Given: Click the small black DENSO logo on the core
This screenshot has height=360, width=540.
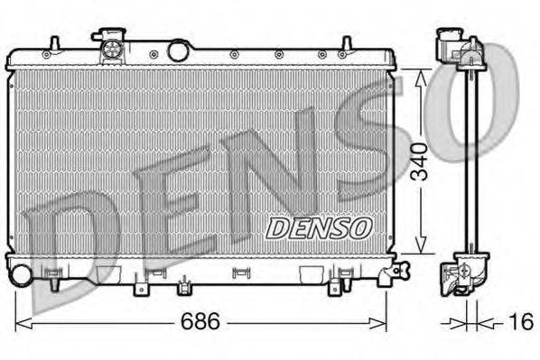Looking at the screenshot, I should tap(318, 227).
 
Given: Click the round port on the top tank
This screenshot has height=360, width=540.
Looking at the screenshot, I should tap(178, 51).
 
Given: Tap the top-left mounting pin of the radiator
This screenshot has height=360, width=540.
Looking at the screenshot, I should tap(54, 43).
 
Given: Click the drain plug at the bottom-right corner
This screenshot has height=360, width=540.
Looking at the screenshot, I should tap(401, 268).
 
